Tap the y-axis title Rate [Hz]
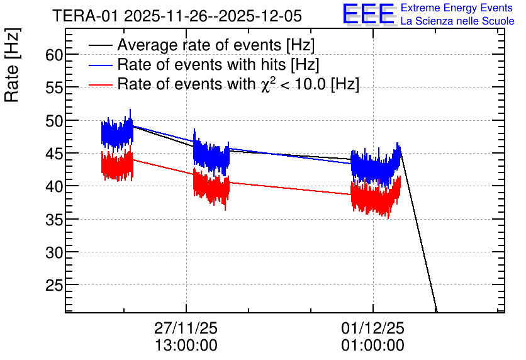(x=12, y=65)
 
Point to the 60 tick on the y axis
(x=54, y=55)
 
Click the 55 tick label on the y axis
(x=54, y=87)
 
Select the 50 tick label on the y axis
(x=54, y=121)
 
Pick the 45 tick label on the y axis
(x=54, y=154)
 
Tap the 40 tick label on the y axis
(x=54, y=186)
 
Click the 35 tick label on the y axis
(x=54, y=219)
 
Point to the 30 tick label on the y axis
(x=54, y=252)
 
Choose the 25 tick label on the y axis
(x=54, y=285)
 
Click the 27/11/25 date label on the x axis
(x=186, y=328)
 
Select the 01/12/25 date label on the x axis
(x=372, y=328)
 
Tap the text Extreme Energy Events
(x=457, y=8)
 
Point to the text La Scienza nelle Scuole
(x=457, y=21)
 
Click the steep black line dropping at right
(x=418, y=232)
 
